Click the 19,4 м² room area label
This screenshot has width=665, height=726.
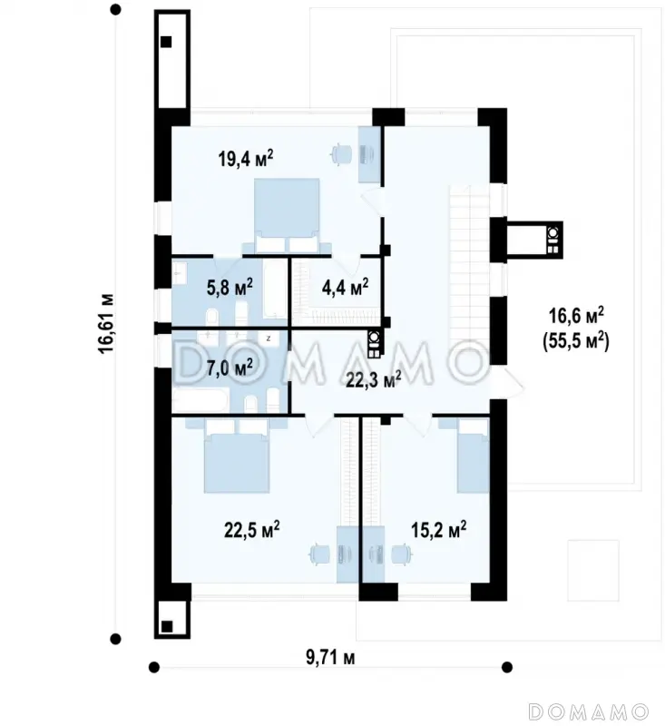[246, 158]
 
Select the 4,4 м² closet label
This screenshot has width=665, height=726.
[345, 287]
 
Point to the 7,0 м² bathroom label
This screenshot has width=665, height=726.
[230, 368]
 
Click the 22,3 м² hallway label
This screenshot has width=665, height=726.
[374, 379]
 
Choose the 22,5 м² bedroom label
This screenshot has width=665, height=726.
[251, 530]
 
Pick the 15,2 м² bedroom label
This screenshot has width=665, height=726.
[439, 530]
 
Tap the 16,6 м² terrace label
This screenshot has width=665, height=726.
[576, 316]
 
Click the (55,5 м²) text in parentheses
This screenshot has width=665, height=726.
[576, 342]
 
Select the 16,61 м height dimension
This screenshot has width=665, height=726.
[106, 324]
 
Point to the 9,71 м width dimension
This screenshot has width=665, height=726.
[330, 657]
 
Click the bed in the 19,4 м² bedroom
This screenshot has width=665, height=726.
[288, 216]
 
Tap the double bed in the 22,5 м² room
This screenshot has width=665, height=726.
[237, 456]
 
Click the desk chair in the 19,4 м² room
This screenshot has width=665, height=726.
[342, 154]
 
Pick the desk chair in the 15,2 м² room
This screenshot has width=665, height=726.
[402, 554]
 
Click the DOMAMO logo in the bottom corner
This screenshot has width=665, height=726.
[589, 711]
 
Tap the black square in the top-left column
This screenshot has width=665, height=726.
[166, 42]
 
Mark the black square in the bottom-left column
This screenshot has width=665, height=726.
[166, 626]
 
